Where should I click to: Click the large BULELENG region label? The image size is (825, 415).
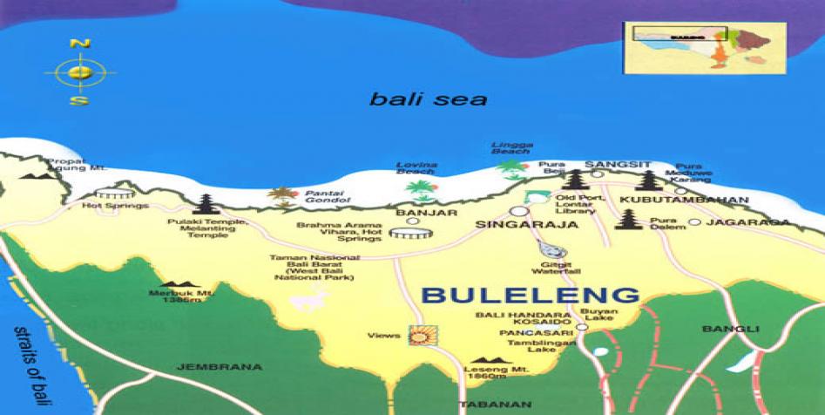point(530,295)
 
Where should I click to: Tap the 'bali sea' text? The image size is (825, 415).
point(428,99)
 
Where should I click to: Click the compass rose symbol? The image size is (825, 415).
point(79,72)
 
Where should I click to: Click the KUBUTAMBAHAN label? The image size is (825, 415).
point(684,200)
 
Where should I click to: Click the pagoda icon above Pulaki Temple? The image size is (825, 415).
point(206,203)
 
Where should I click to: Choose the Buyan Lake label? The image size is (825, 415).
point(616,315)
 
